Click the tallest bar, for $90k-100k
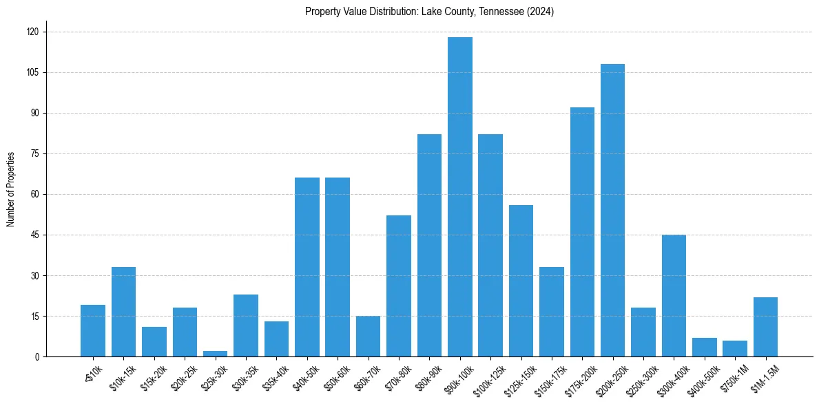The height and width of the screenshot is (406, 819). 460,197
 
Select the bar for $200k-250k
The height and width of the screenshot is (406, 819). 612,210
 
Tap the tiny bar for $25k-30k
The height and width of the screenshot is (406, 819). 215,354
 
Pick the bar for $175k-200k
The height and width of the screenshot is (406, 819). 582,232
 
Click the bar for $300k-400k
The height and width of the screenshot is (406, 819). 674,296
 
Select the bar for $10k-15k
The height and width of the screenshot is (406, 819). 123,312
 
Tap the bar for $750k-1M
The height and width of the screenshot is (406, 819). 735,349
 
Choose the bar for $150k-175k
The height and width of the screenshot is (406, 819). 552,312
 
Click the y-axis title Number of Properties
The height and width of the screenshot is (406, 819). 11,189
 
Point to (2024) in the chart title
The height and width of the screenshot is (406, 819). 541,12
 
